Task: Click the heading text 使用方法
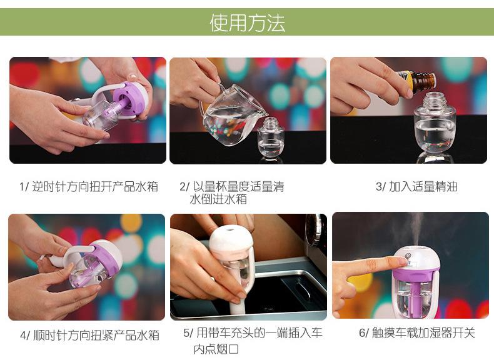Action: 248,22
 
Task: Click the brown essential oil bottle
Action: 420,82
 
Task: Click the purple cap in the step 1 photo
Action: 129,97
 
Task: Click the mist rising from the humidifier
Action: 416,229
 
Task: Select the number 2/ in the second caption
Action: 184,187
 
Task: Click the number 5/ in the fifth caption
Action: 188,333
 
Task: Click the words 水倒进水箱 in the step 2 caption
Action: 218,199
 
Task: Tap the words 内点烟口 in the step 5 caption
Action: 216,349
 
